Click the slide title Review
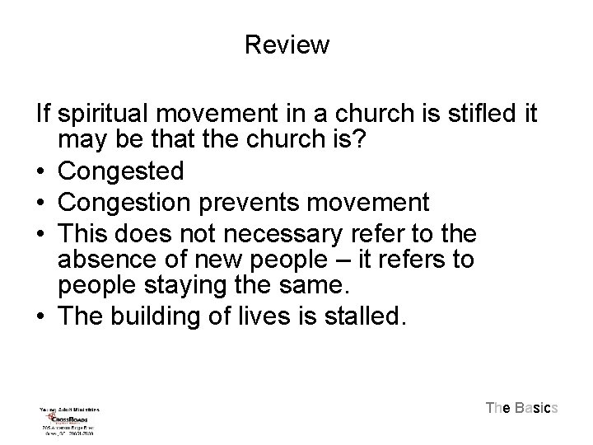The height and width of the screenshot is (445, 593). tap(287, 44)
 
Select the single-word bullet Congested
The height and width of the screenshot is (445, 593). tap(122, 171)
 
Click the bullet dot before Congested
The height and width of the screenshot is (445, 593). tap(41, 172)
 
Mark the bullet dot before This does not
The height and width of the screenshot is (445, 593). tap(41, 233)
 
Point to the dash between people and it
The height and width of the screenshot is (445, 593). tap(353, 260)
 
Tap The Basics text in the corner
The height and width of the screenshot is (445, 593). tap(522, 407)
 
